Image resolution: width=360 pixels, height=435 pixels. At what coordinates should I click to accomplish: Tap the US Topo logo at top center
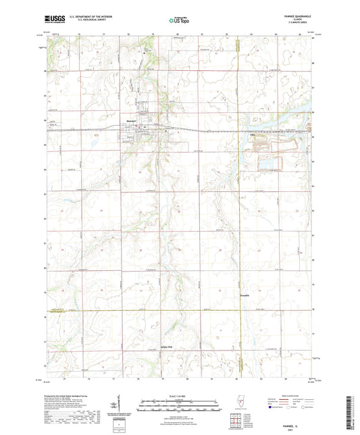[x=179, y=21]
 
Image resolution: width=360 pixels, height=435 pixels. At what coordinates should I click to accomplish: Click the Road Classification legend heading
[x=290, y=396]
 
